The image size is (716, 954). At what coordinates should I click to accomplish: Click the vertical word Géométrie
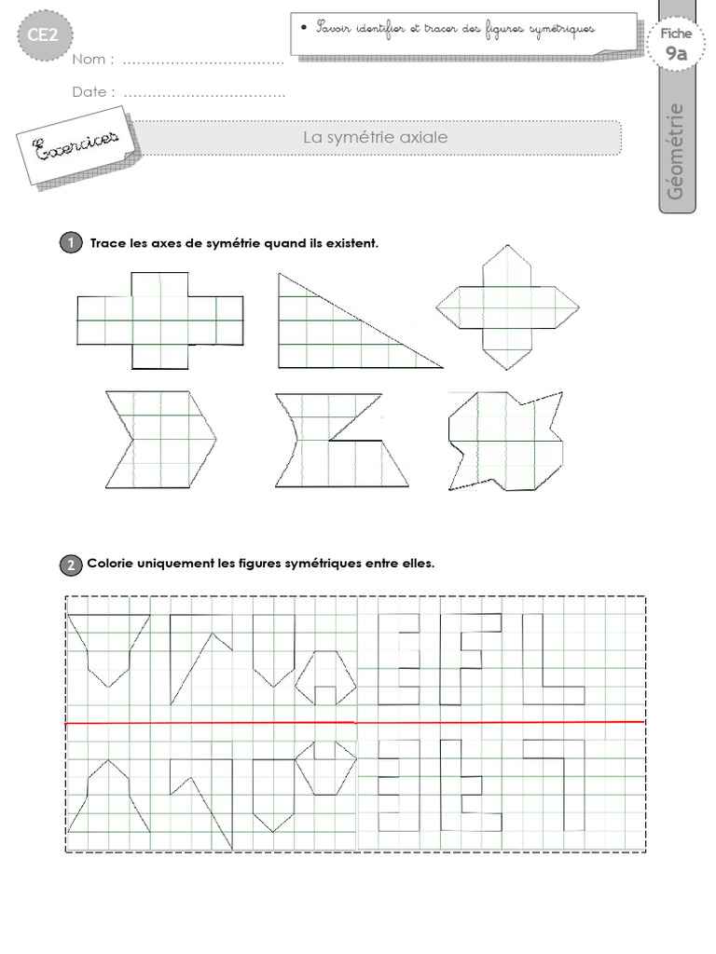pos(677,149)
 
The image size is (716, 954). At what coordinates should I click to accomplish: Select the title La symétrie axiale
pos(376,137)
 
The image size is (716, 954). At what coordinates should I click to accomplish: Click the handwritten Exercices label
pos(76,144)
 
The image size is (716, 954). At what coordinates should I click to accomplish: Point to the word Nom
pos(93,60)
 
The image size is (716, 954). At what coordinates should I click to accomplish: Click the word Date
pos(94,92)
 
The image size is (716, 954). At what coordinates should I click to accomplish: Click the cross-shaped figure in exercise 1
pos(159,320)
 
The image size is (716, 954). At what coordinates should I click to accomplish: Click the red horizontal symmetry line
pos(354,722)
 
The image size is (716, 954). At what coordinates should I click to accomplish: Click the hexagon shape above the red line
pos(325,679)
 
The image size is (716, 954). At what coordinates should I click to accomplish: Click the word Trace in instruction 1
pos(108,244)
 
